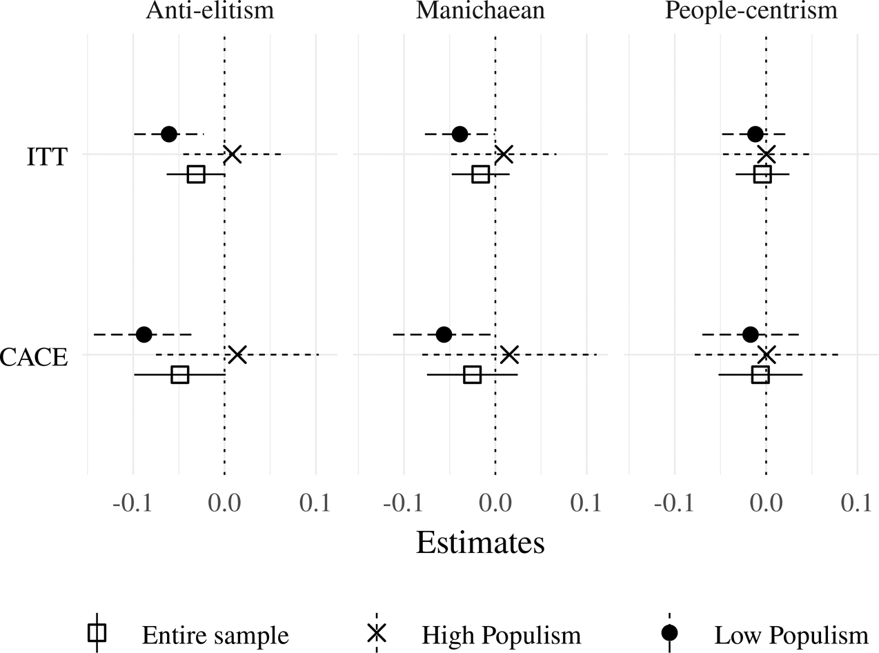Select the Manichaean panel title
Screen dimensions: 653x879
point(481,12)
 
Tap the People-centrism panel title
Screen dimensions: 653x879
point(751,12)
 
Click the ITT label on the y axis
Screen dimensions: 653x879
point(47,157)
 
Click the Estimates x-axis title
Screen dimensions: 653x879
point(480,543)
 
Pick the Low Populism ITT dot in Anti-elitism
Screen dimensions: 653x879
point(168,134)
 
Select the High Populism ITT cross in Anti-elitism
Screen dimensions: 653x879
point(233,154)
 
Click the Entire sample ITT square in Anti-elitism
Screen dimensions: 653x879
point(196,174)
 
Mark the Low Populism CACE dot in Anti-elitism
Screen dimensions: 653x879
point(144,334)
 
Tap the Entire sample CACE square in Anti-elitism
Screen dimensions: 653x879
point(180,375)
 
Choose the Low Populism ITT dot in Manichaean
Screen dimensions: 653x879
point(460,134)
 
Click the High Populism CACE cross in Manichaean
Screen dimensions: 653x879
point(509,354)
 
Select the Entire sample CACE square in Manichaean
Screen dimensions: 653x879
point(472,375)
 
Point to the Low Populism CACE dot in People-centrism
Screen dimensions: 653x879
point(751,334)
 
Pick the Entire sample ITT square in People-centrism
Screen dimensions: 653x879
point(762,174)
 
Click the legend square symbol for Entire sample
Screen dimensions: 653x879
point(97,632)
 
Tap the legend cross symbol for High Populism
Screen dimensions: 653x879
point(377,632)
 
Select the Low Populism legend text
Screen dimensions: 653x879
point(791,634)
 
